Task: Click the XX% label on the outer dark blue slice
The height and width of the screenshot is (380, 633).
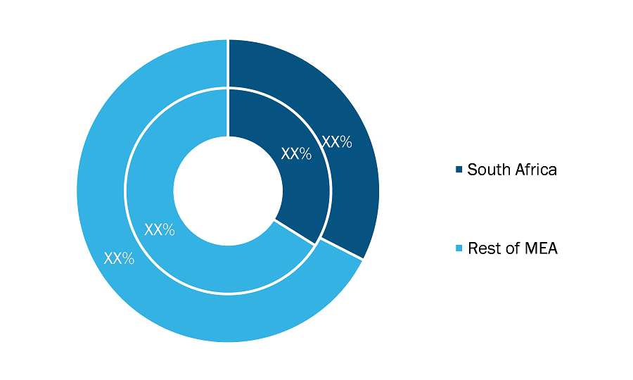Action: click(337, 141)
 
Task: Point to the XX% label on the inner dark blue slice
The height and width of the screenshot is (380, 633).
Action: click(296, 153)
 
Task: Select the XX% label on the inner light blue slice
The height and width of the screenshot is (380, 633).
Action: click(160, 229)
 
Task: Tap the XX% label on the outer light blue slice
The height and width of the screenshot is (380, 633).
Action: click(119, 258)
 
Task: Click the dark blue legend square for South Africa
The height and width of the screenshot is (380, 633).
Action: click(459, 169)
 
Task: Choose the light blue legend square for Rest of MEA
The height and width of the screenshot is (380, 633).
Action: click(459, 248)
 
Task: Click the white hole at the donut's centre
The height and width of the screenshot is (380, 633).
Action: click(228, 191)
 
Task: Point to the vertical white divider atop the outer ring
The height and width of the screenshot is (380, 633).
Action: click(228, 63)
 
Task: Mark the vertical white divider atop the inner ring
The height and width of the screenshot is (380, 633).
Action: click(228, 113)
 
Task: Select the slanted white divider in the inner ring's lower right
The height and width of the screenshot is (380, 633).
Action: click(295, 232)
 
